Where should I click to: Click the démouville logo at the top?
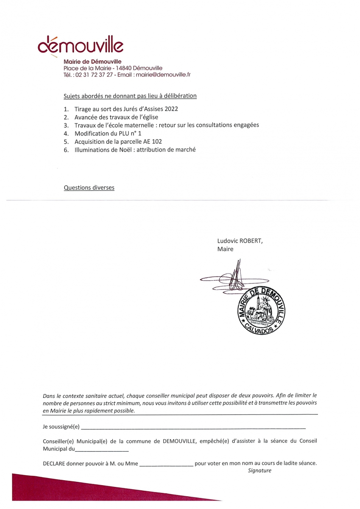pos(81,45)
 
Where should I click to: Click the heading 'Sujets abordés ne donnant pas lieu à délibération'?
pos(130,96)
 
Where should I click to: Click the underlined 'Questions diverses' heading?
pos(89,187)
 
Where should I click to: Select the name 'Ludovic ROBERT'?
pos(240,241)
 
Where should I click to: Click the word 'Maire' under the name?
pos(225,249)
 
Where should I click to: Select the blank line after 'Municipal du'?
pos(102,449)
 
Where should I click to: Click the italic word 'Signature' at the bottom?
pos(260,470)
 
